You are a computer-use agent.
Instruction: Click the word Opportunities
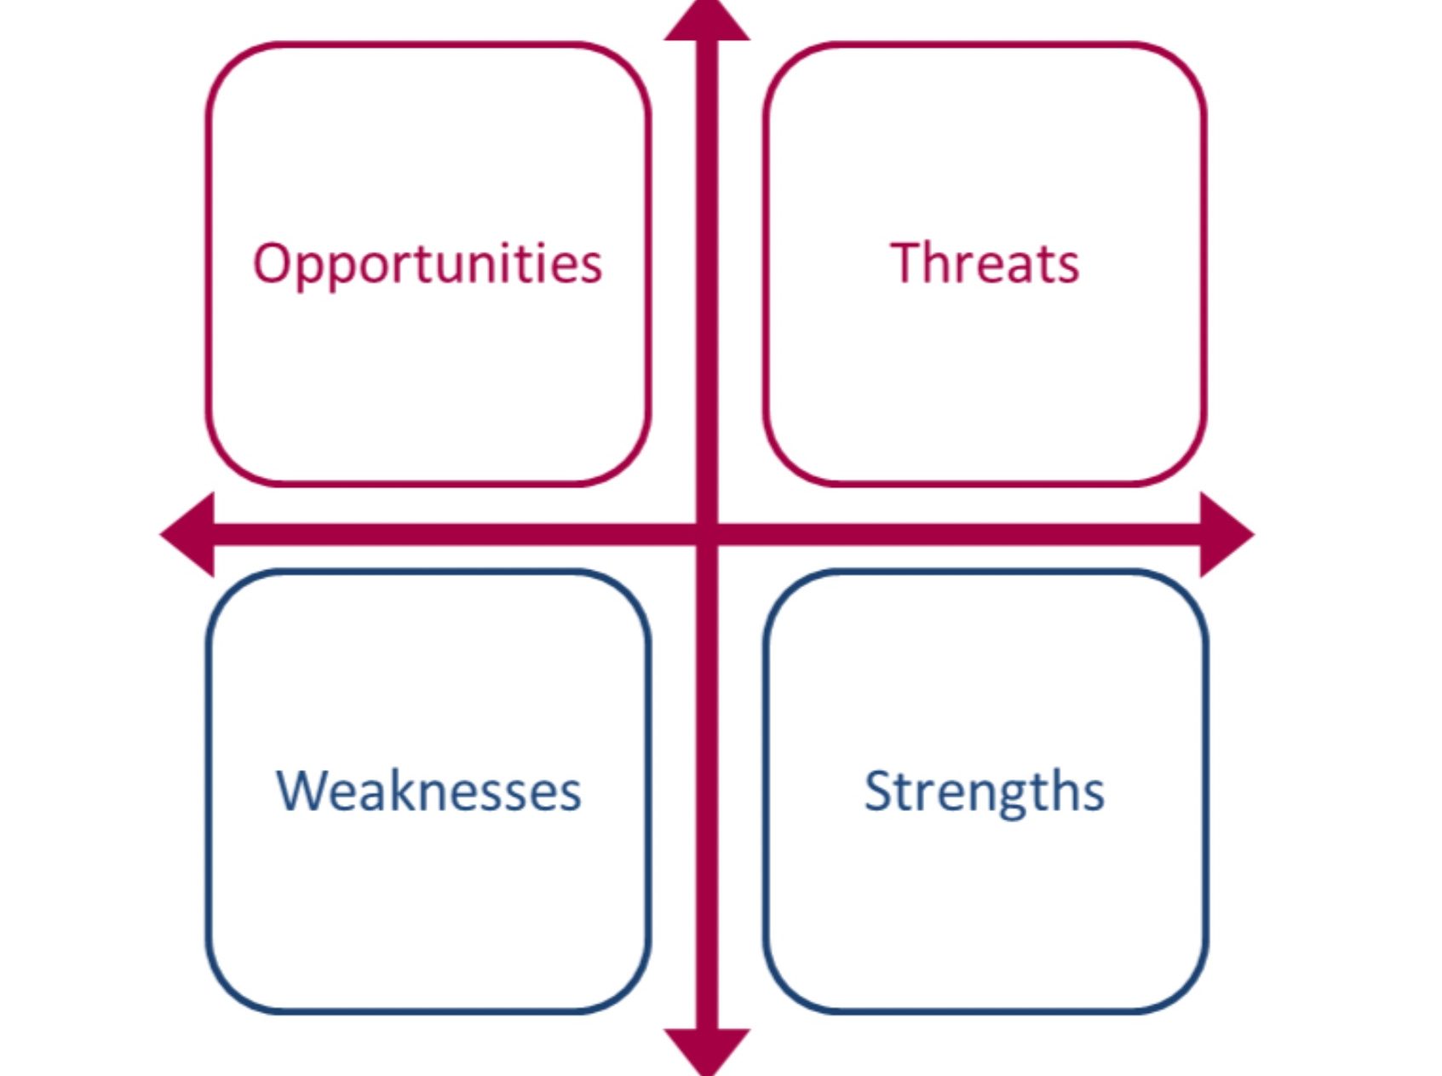[428, 264]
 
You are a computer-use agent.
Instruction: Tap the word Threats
[985, 262]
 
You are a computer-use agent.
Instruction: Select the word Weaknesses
[428, 791]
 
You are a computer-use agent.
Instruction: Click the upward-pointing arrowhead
[707, 20]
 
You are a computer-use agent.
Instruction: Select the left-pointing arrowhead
[187, 534]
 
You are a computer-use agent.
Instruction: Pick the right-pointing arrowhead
[1227, 534]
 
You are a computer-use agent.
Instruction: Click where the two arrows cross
[707, 534]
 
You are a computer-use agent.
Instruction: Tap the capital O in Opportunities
[273, 262]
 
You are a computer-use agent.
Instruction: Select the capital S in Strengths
[879, 791]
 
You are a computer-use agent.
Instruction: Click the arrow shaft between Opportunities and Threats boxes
[707, 264]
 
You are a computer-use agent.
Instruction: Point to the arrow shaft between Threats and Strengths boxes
[959, 534]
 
